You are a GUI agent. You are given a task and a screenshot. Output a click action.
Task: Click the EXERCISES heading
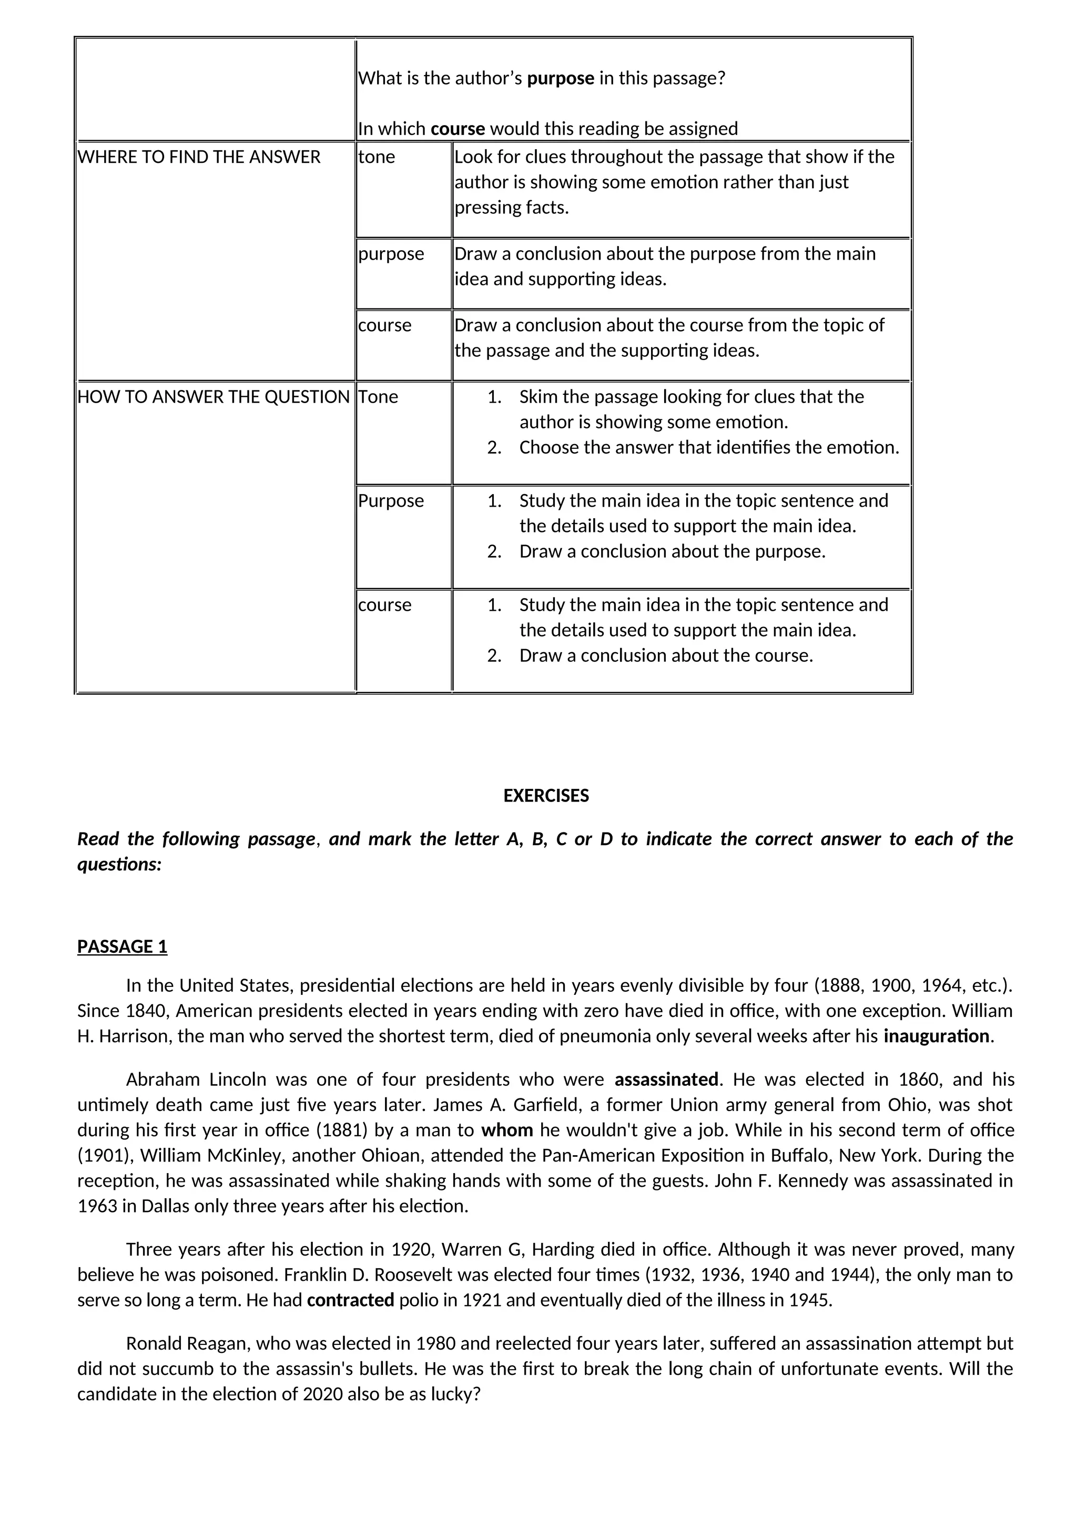(x=545, y=796)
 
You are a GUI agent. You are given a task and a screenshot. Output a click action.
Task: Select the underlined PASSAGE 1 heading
(x=122, y=947)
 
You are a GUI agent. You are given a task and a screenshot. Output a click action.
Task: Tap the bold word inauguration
(x=936, y=1036)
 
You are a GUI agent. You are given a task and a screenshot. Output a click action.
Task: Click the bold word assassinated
(x=666, y=1080)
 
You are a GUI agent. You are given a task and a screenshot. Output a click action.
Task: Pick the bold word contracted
(x=350, y=1300)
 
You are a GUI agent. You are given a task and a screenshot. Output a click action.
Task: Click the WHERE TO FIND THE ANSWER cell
(x=199, y=157)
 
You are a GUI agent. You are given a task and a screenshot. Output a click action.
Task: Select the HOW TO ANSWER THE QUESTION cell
(x=213, y=397)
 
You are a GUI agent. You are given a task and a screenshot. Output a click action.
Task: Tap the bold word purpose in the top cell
(x=561, y=78)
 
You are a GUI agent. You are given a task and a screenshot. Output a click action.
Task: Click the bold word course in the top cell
(x=458, y=129)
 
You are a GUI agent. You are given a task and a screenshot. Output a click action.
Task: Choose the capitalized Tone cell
(x=378, y=397)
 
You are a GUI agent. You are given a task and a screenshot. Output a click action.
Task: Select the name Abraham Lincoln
(x=196, y=1080)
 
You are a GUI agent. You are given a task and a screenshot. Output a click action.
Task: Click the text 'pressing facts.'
(x=511, y=208)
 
